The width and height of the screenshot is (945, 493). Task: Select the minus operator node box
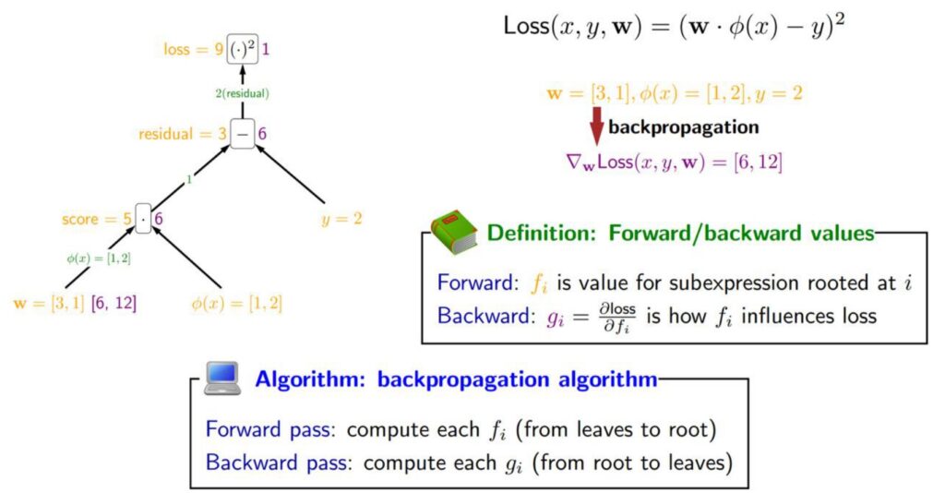[x=243, y=134]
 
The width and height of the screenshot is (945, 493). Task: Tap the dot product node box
[x=142, y=219]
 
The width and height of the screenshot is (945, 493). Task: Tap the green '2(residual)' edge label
[x=243, y=92]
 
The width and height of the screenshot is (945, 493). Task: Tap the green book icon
[x=454, y=231]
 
